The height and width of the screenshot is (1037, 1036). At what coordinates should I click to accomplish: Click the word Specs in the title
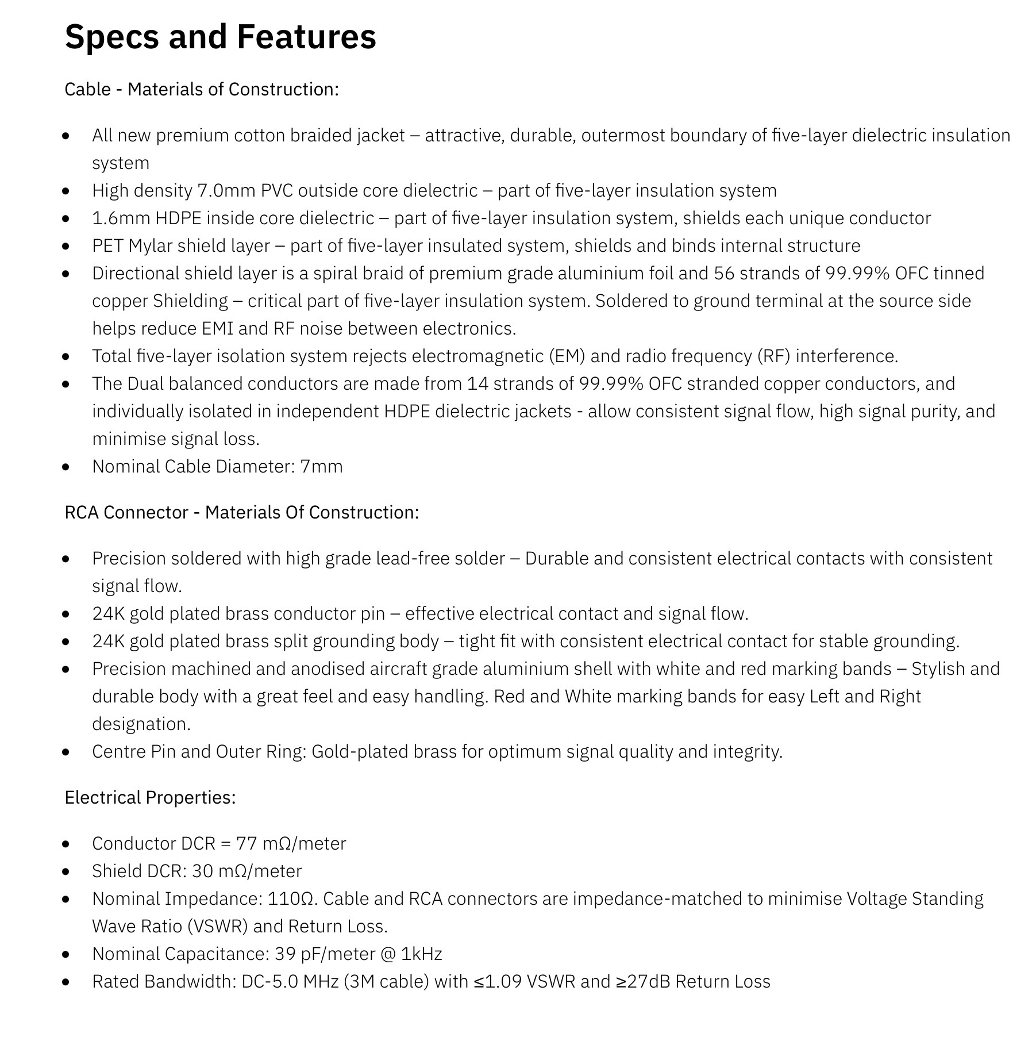click(x=111, y=37)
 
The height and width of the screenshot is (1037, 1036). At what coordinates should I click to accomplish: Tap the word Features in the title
click(x=306, y=37)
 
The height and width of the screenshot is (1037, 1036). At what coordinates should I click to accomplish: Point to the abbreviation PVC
click(x=277, y=191)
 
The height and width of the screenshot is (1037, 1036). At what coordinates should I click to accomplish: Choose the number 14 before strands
click(x=477, y=384)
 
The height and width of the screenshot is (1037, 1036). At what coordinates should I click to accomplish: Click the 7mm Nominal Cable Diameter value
click(x=321, y=467)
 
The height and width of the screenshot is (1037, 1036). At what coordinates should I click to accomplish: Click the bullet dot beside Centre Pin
click(x=66, y=752)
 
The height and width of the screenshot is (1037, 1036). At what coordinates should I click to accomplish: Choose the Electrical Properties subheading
click(x=150, y=798)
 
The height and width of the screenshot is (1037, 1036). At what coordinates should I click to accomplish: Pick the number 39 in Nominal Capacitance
click(x=285, y=954)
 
